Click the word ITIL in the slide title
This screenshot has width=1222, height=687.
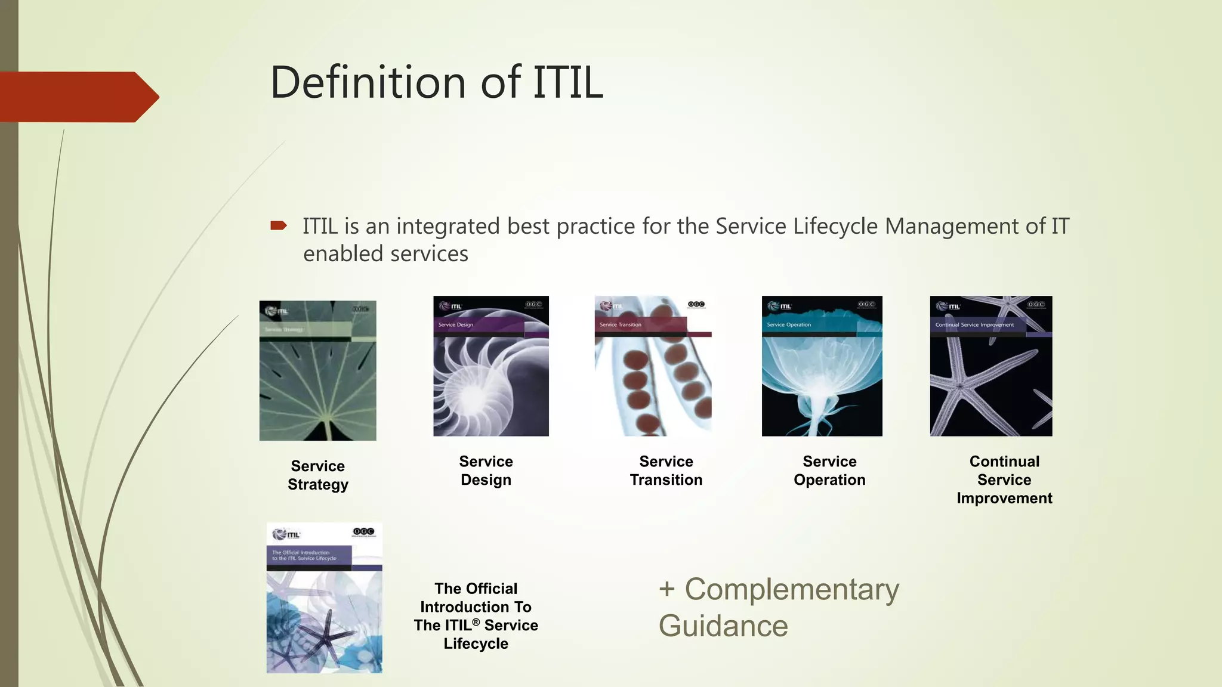[x=567, y=82]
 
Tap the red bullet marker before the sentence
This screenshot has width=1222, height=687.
[x=279, y=225]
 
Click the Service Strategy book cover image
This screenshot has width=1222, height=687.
[x=317, y=370]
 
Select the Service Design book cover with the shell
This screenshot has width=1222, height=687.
[x=490, y=366]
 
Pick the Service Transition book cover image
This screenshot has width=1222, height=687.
[x=653, y=366]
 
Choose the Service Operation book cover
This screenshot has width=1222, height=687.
[x=822, y=366]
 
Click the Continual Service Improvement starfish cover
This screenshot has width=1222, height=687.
[x=990, y=366]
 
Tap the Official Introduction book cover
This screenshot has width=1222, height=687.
[x=324, y=598]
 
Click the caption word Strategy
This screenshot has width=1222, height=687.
[x=317, y=484]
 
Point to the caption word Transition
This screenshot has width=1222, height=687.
[x=666, y=480]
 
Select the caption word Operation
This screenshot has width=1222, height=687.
[x=829, y=480]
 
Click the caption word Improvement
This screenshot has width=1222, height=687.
[x=1004, y=499]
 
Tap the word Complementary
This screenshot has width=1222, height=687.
[x=791, y=590]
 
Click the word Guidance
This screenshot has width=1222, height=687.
[x=723, y=626]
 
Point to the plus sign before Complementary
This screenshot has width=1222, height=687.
[x=666, y=590]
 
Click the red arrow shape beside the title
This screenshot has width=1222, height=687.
[x=78, y=97]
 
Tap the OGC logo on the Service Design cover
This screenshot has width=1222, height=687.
[x=533, y=305]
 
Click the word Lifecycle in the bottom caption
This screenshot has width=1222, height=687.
[x=476, y=644]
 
